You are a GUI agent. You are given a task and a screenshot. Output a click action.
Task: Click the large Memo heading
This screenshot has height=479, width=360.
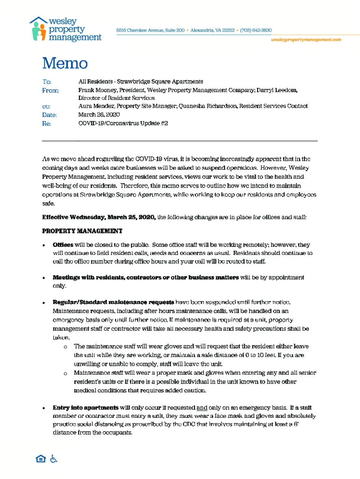pos(65,63)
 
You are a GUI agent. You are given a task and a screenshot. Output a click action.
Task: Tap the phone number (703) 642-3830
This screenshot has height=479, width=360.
pos(256,30)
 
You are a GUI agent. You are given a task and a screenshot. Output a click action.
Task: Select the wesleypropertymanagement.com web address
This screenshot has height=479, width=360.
pos(306,40)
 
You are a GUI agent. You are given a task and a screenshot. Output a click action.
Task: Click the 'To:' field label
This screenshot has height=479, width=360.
pos(47,82)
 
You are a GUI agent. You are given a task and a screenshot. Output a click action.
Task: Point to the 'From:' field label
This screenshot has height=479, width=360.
pos(50,90)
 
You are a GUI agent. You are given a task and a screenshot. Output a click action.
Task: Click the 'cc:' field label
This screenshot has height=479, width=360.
pos(46,107)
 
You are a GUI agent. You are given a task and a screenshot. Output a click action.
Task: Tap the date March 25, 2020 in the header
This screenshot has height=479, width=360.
pos(99,115)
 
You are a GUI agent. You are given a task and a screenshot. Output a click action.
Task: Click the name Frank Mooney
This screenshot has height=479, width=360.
pos(97,90)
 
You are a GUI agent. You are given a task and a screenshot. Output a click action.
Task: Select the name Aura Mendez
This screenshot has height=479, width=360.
pos(96,106)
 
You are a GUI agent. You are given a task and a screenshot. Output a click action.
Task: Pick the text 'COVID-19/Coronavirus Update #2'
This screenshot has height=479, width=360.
pos(123,123)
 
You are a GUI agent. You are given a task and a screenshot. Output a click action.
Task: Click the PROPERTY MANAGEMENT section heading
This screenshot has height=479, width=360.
pos(82,231)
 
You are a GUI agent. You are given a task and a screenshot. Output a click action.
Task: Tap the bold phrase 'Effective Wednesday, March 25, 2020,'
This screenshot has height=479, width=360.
pos(99,217)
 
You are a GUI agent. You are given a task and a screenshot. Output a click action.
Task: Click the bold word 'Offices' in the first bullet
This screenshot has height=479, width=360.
pos(63,245)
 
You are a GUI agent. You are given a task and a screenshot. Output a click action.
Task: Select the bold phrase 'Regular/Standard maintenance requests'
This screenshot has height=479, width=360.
pos(113,302)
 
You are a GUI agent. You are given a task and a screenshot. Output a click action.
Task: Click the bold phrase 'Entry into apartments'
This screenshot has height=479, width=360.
pos(85,407)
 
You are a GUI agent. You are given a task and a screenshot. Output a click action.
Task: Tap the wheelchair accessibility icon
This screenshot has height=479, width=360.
pos(54,459)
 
